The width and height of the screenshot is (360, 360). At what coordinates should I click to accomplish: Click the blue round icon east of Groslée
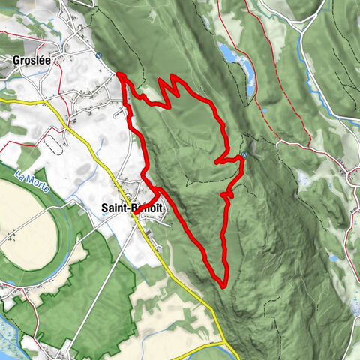click(x=98, y=54)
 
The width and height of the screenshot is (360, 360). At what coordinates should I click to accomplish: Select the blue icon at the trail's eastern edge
click(x=244, y=156)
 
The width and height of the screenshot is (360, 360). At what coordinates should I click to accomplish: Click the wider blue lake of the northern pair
click(x=225, y=52)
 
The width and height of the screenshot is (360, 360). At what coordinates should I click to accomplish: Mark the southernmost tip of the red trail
click(x=224, y=283)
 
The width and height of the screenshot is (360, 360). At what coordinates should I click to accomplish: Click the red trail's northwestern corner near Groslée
click(x=120, y=74)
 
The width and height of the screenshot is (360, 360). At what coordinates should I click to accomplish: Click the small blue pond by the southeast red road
click(x=334, y=258)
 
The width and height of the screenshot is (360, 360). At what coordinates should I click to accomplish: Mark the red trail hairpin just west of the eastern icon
click(x=217, y=160)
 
